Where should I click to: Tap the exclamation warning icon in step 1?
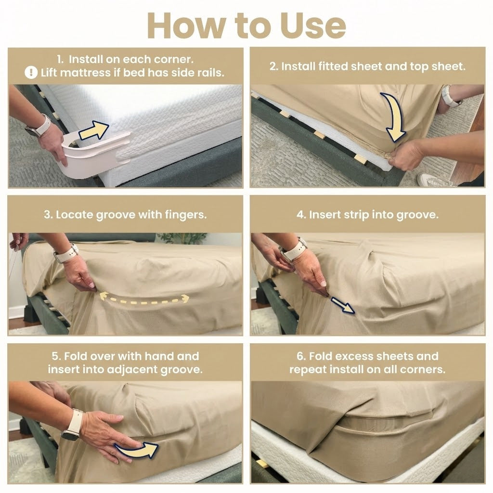[x=31, y=73]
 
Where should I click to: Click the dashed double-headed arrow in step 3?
[x=144, y=298]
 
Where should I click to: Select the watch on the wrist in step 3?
[x=66, y=253]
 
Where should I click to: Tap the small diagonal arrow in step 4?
[x=343, y=305]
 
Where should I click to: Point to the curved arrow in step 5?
[x=138, y=450]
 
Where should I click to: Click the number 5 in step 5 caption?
[x=55, y=356]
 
